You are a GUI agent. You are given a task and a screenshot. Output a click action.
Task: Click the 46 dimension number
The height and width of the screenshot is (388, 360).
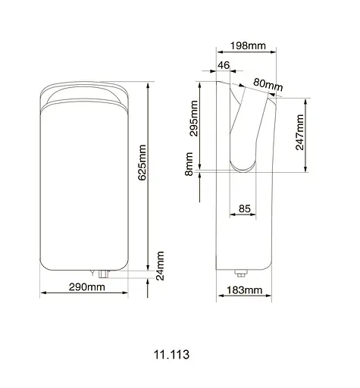224,67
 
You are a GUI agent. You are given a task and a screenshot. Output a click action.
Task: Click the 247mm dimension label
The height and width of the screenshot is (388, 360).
301,133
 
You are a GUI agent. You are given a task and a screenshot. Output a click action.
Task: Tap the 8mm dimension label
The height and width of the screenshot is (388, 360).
189,164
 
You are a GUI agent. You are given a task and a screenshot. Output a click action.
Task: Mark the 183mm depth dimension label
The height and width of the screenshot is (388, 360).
244,290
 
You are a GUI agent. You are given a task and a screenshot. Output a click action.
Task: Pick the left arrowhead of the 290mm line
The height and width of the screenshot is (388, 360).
41,294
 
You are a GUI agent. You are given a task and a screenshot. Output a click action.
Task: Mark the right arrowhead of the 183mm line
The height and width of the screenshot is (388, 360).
268,298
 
